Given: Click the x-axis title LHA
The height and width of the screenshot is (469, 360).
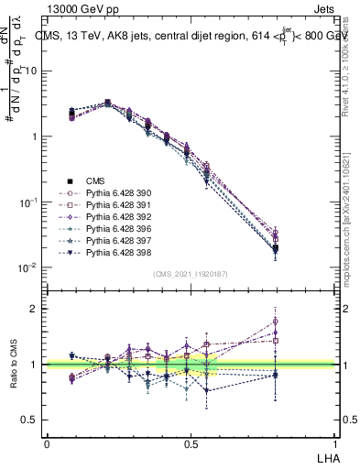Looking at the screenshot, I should pyautogui.click(x=328, y=457).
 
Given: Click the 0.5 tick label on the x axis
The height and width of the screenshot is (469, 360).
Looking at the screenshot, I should pyautogui.click(x=191, y=442).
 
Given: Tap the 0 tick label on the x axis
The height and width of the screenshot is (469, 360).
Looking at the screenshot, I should pyautogui.click(x=47, y=442).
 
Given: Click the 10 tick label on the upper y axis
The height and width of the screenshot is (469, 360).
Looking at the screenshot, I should pyautogui.click(x=29, y=71).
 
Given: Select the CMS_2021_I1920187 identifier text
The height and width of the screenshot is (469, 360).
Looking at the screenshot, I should pyautogui.click(x=191, y=274).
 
